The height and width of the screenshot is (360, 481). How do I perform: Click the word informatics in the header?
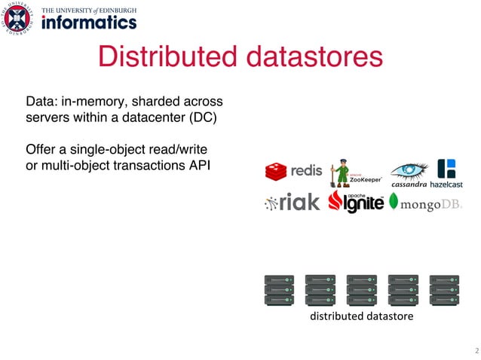point(90,23)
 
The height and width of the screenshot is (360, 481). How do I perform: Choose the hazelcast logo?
point(448,172)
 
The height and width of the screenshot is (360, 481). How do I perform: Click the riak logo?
point(293,203)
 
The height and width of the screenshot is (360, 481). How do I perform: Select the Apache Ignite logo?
point(355,203)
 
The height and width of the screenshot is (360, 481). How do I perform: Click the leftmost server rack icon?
point(279,290)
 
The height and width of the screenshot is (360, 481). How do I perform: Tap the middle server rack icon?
point(361,290)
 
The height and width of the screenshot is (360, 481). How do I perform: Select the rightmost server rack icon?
point(443,290)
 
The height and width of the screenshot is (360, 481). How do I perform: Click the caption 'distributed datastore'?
point(361,317)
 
